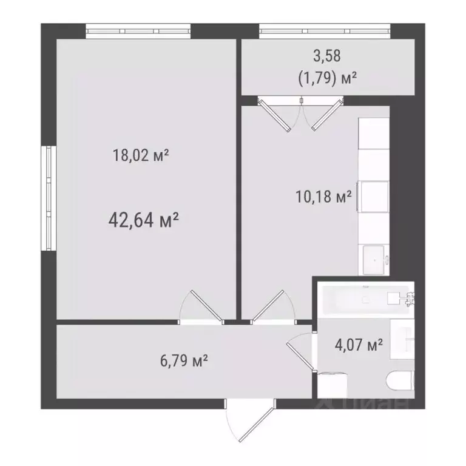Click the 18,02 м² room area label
pos(140,156)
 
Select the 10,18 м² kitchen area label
pos(323,197)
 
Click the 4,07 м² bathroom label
pos(359,345)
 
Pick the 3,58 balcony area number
pos(326,56)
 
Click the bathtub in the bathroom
pos(363,298)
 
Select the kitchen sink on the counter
pos(374,260)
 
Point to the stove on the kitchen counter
pos(373,196)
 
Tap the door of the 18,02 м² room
pos(201,307)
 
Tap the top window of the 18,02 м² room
pos(138,29)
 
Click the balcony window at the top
pos(325,29)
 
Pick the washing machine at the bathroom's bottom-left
pos(333,383)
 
